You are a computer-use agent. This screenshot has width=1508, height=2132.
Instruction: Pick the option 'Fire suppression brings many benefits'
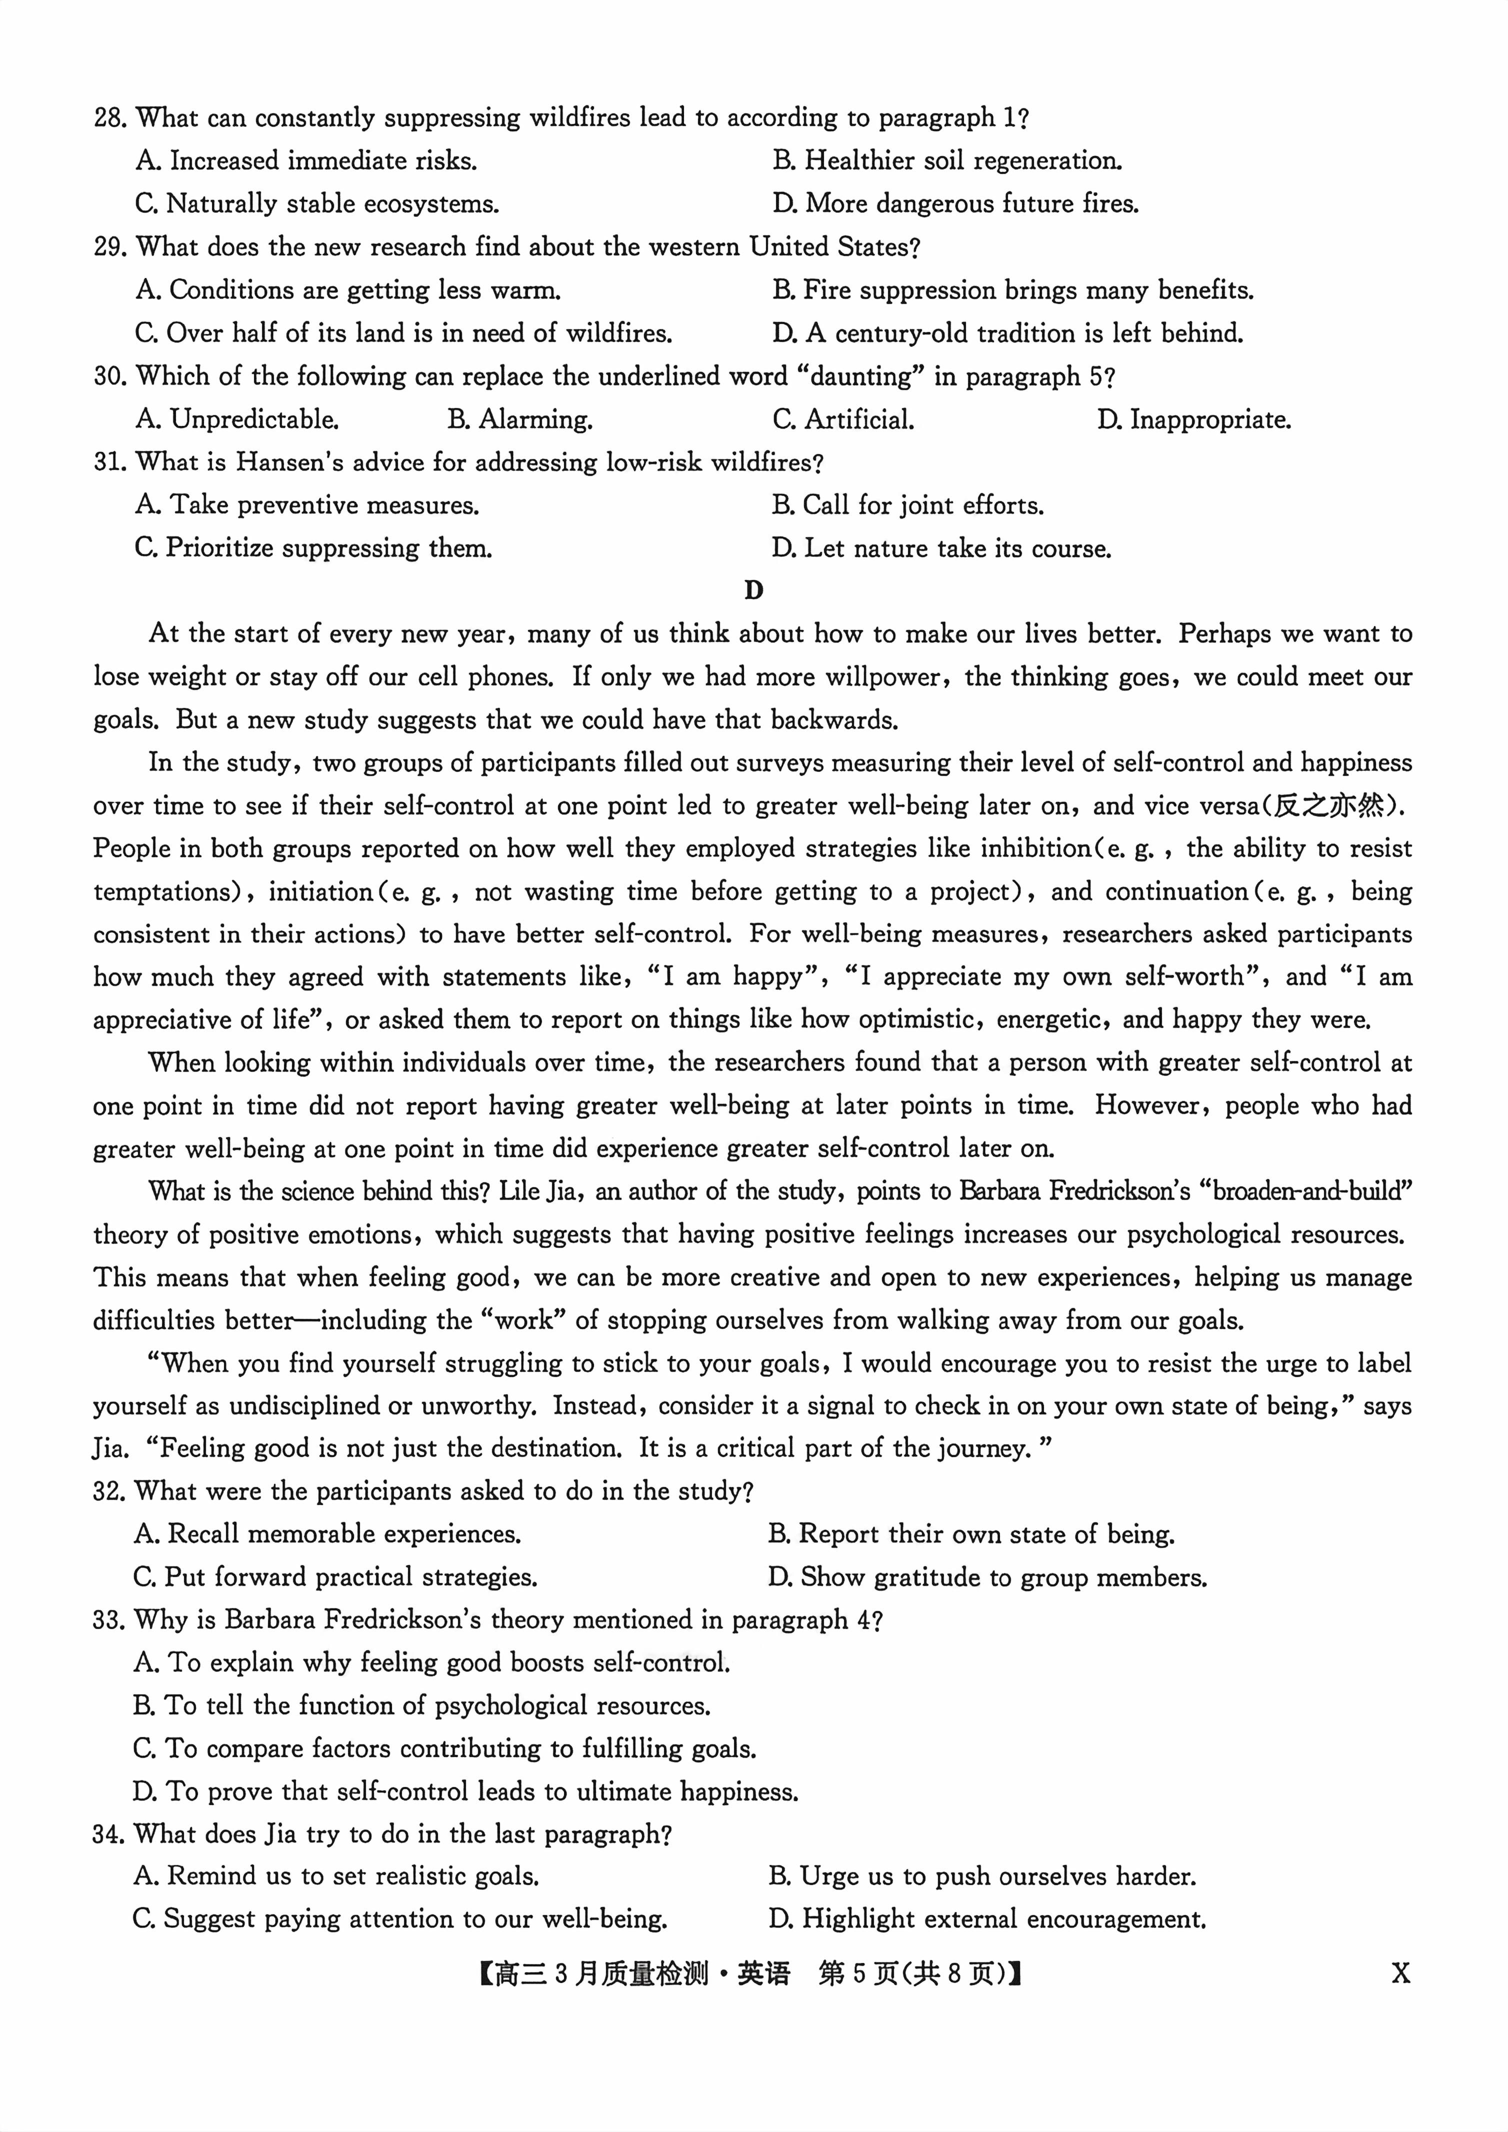click(x=1012, y=289)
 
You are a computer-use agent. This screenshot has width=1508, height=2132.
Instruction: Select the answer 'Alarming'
click(x=520, y=419)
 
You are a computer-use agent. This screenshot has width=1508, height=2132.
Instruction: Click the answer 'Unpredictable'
click(x=237, y=419)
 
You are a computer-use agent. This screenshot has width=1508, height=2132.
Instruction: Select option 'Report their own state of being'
click(x=971, y=1534)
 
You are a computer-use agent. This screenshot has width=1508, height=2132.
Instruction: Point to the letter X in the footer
click(x=1400, y=1973)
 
